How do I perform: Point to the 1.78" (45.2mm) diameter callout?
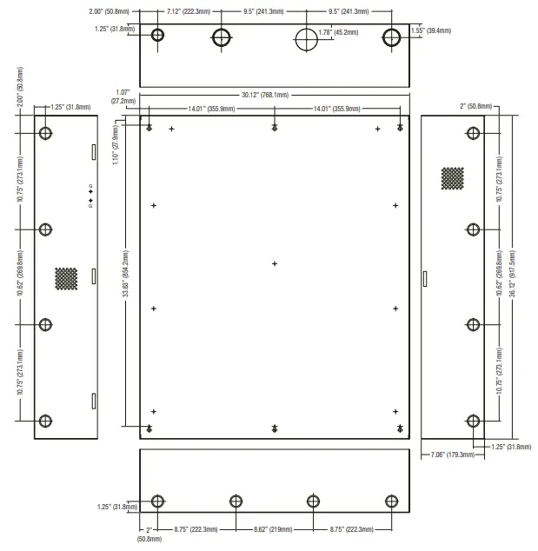coord(338,32)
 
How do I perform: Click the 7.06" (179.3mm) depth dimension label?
coord(451,455)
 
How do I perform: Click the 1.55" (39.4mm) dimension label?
coord(431,30)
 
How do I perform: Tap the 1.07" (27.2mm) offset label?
coord(123,96)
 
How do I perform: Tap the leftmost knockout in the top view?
coord(157,37)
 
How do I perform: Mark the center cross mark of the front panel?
coord(274,263)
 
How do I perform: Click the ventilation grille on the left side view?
coord(66,278)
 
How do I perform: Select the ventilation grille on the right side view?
coord(452,178)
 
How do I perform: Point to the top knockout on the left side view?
coord(46,134)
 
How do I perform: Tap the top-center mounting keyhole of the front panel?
coord(274,128)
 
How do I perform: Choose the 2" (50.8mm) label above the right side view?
coord(475,106)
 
